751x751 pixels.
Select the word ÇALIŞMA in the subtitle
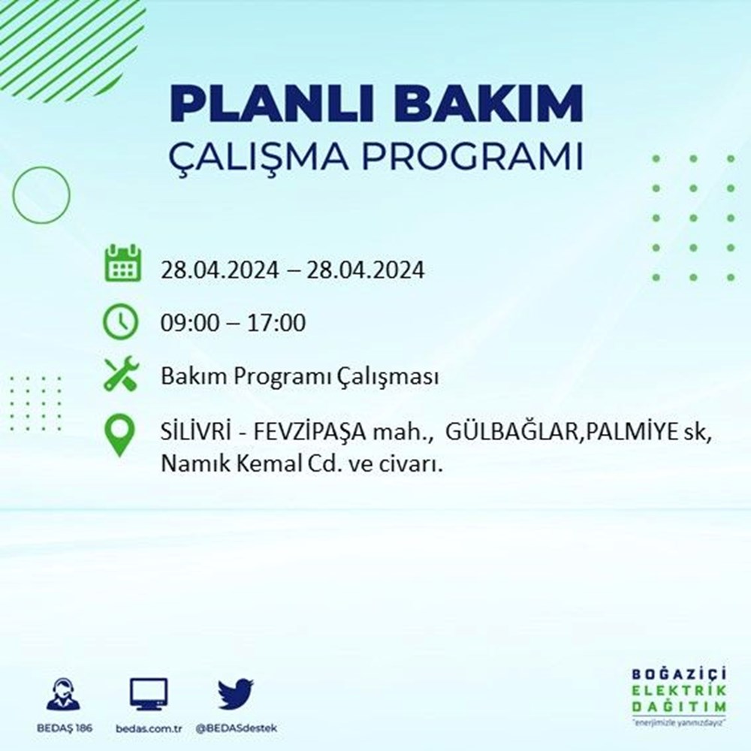tap(258, 156)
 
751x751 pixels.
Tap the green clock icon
tap(121, 321)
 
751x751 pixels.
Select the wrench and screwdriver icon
tap(122, 374)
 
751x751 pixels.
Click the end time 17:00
tap(276, 323)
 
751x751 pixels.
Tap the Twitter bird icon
tap(236, 693)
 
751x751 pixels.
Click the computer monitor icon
tap(149, 694)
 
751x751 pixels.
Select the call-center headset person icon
tap(64, 693)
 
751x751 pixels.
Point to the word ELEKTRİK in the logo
tap(679, 690)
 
